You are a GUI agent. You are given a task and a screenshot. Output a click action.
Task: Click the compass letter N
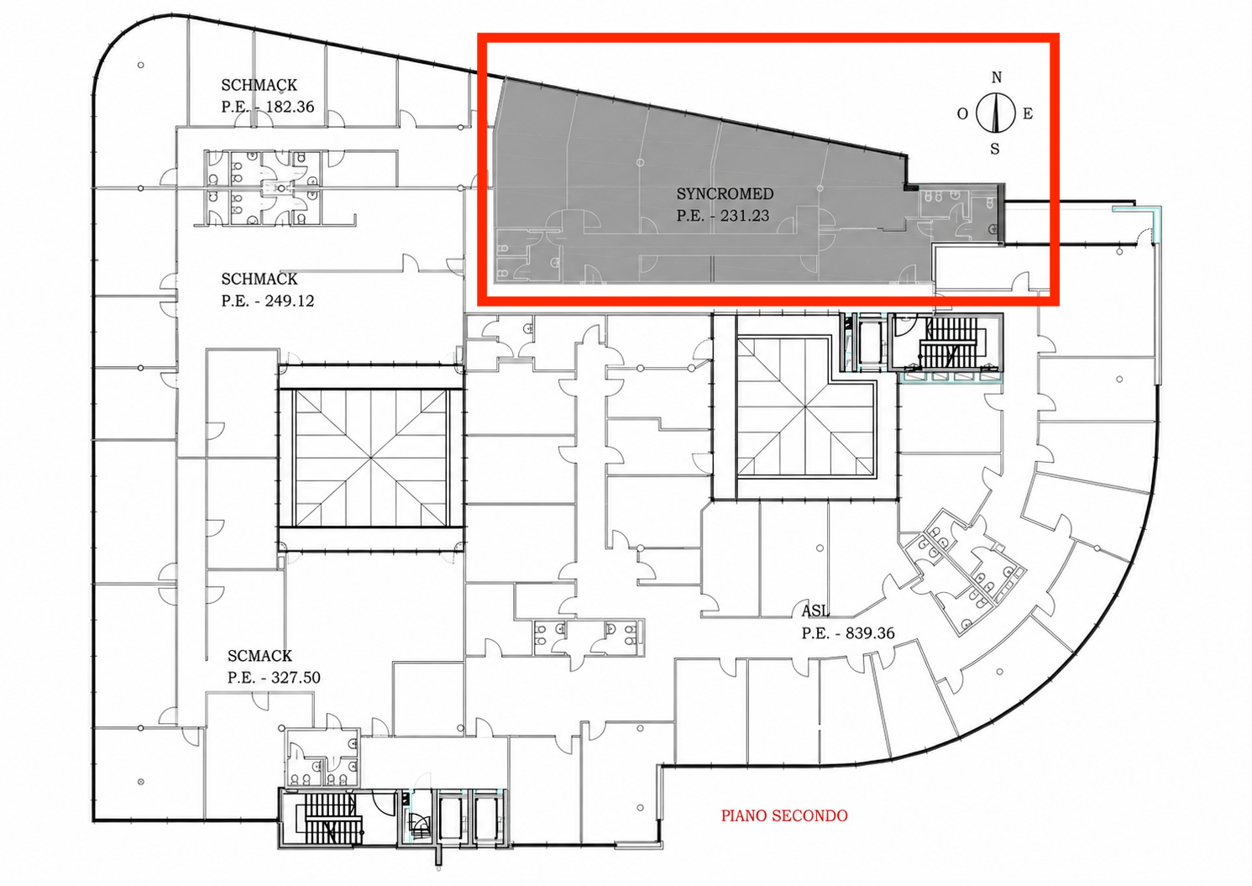[997, 77]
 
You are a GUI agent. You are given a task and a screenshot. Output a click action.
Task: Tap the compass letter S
[995, 149]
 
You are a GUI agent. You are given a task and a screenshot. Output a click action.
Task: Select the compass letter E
[1027, 114]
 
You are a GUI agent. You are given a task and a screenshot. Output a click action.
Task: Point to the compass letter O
[962, 114]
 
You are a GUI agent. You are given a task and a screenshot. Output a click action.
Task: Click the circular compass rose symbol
[995, 113]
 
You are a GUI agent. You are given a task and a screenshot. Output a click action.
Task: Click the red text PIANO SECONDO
[784, 815]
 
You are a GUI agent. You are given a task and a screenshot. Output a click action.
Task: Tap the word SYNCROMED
[725, 194]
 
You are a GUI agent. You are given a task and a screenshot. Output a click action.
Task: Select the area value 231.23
[745, 216]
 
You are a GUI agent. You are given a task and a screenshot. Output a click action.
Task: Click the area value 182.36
[290, 107]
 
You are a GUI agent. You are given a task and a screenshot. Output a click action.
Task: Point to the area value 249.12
[290, 301]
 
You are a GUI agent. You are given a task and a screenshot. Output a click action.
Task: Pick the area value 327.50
[296, 678]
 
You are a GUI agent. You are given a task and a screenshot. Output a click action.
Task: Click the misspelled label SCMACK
[259, 656]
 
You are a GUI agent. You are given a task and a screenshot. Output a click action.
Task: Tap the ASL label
[815, 611]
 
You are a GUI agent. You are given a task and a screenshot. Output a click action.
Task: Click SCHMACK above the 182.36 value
[259, 85]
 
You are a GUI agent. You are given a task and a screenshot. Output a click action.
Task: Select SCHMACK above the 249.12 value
[259, 279]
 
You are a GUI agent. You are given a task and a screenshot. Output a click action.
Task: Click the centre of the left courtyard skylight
[371, 459]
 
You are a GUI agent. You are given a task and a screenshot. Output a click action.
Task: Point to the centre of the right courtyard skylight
[805, 407]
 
